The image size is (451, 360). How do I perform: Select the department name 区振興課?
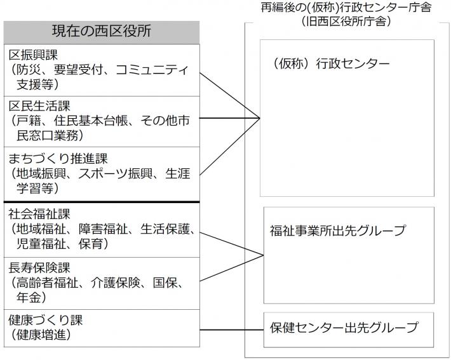(x=31, y=54)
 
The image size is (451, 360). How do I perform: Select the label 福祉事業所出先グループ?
(x=337, y=230)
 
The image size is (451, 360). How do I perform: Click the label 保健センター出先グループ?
(x=344, y=328)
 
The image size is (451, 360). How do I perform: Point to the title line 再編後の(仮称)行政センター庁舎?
(x=347, y=8)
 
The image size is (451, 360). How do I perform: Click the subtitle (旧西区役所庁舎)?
(x=347, y=21)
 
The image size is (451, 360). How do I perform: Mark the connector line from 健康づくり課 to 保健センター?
(x=232, y=329)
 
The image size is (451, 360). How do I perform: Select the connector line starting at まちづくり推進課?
(x=230, y=147)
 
